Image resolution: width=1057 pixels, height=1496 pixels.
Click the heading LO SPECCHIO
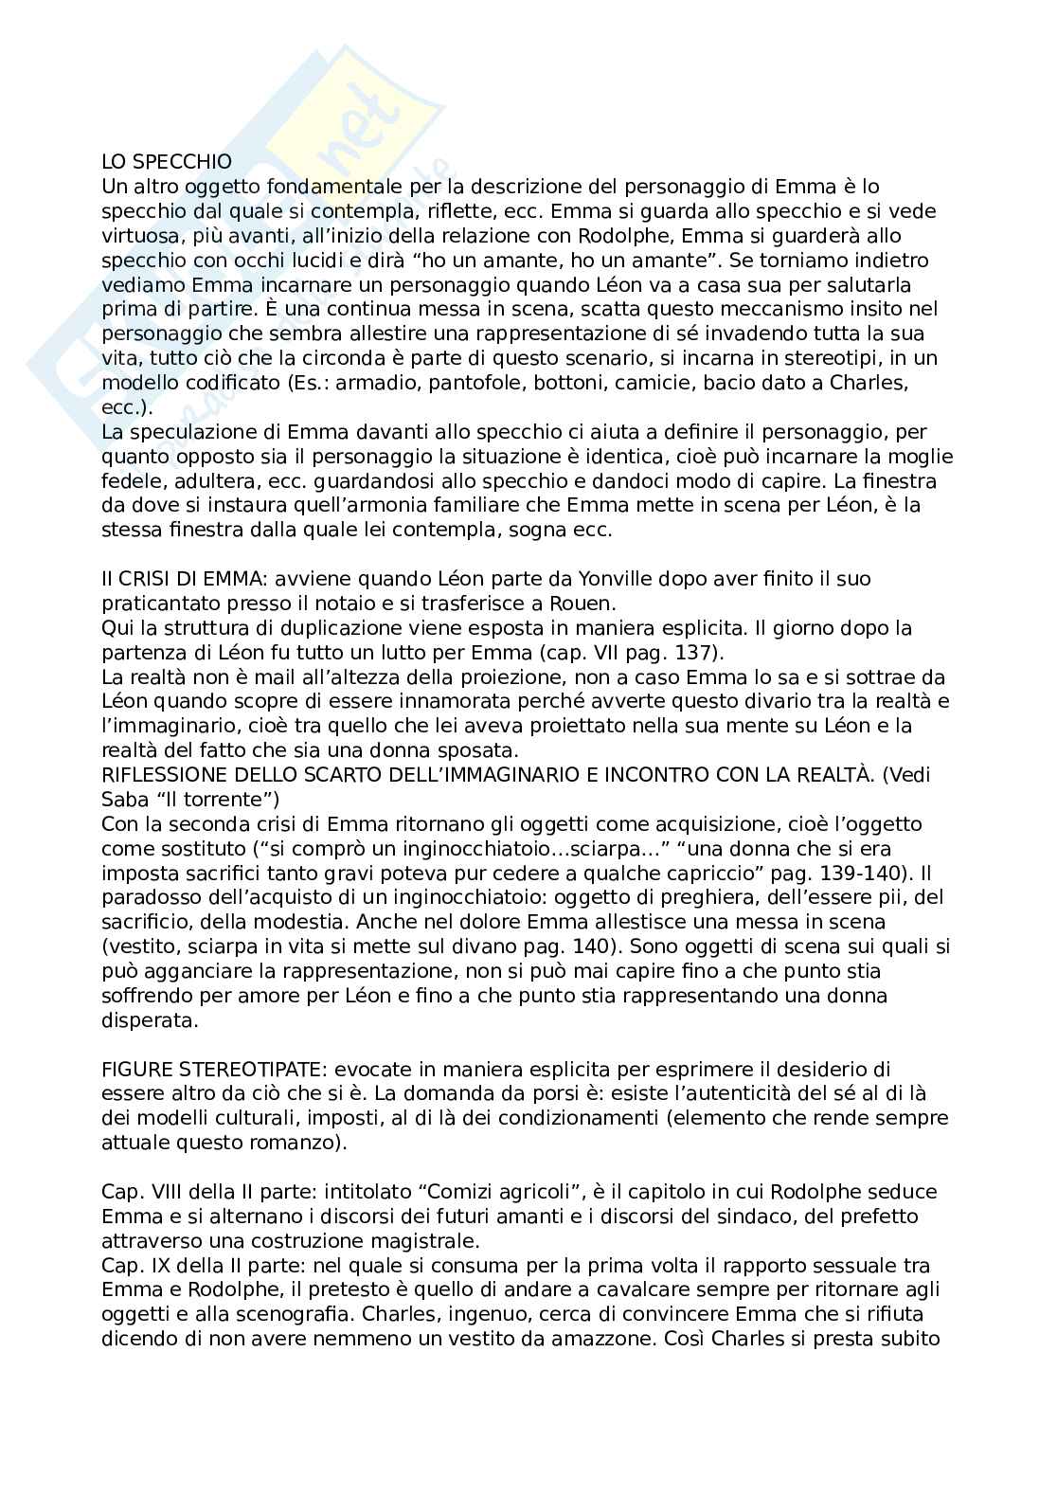point(166,162)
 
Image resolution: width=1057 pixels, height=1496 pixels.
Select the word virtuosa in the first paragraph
point(136,235)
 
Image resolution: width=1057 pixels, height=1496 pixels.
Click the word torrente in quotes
point(226,800)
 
